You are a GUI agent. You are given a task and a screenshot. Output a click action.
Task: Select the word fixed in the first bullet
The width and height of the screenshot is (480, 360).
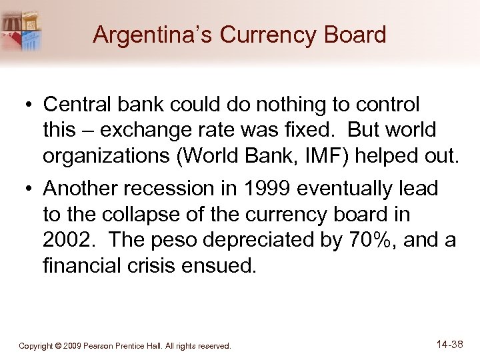pyautogui.click(x=313, y=130)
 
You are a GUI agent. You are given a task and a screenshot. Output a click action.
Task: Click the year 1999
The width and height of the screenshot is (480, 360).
pyautogui.click(x=265, y=189)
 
